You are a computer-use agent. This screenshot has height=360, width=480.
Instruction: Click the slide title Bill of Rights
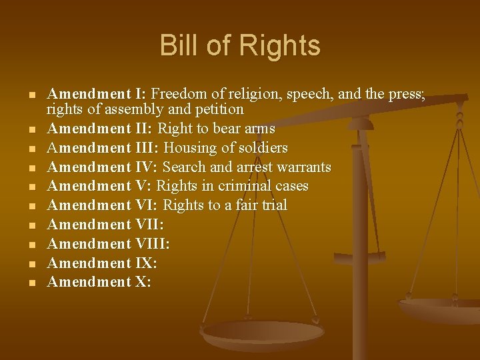point(240,46)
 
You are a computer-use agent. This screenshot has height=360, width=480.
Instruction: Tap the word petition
point(220,109)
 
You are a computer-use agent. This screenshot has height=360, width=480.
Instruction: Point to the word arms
point(260,128)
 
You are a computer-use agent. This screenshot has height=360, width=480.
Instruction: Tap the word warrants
point(300,167)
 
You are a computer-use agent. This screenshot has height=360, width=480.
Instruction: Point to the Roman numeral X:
point(143,282)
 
